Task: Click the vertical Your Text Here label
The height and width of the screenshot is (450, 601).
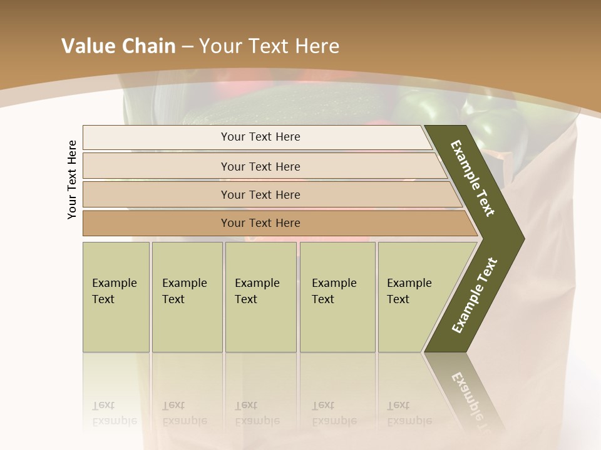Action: [x=72, y=180]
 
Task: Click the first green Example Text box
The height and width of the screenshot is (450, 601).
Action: [x=116, y=297]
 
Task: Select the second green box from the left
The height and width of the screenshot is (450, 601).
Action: [x=187, y=297]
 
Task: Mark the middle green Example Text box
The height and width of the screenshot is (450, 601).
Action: [x=260, y=297]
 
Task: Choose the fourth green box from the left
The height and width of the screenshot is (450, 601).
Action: [x=337, y=297]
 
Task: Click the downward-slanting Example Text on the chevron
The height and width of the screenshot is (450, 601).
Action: [x=473, y=178]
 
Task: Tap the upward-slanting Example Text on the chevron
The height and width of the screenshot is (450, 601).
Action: [x=474, y=296]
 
